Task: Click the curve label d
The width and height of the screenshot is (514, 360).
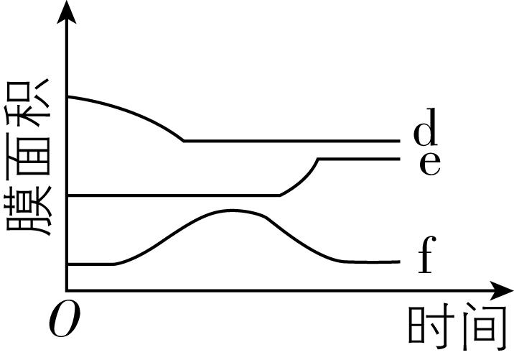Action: point(425,127)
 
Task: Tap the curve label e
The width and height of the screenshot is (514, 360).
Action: point(430,163)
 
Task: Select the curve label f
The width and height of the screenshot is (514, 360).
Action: point(427,254)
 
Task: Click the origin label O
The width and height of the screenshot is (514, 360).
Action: point(65,318)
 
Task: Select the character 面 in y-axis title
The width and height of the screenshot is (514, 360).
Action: point(28,157)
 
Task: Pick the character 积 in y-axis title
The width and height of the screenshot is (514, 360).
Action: point(28,103)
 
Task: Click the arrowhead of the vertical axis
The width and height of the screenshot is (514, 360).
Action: point(67,12)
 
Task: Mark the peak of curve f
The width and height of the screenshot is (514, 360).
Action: point(232,211)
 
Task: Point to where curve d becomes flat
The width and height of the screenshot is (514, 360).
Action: point(184,141)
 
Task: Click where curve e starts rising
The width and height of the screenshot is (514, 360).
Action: point(280,195)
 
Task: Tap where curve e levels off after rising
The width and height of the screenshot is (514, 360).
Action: point(318,159)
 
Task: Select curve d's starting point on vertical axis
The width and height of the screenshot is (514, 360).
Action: point(67,97)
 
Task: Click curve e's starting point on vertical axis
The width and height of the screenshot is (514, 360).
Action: point(67,195)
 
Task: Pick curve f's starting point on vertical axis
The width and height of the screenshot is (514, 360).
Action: point(67,264)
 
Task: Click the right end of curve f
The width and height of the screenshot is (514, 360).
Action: point(400,262)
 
